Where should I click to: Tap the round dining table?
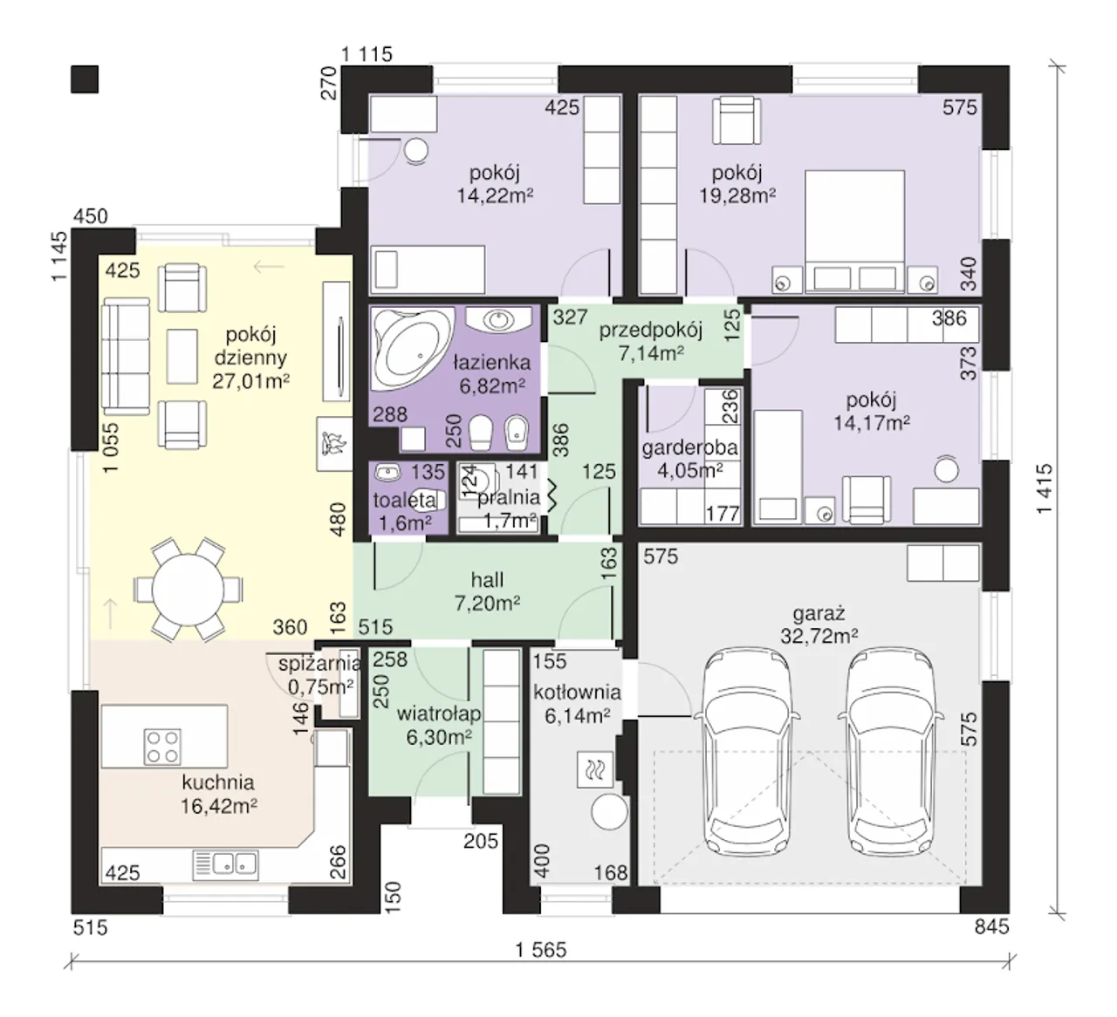coord(188,590)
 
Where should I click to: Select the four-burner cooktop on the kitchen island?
coord(162,747)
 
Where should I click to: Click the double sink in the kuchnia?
coord(225,863)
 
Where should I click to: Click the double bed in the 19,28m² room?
coord(854,231)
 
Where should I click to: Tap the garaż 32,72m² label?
coord(819,625)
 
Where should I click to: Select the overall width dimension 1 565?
coord(541,949)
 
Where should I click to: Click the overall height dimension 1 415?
coord(1045,488)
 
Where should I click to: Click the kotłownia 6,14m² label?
coord(577,704)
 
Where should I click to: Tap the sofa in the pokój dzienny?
coord(127,356)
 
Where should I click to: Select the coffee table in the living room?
coord(182,356)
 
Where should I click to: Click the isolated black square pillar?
coord(85,79)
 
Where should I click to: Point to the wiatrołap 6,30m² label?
coord(439,726)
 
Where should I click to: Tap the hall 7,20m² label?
coord(487,591)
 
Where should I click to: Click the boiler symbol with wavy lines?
coord(595,770)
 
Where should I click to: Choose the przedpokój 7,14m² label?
coord(650,341)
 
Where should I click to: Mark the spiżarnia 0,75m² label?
coord(319,675)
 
